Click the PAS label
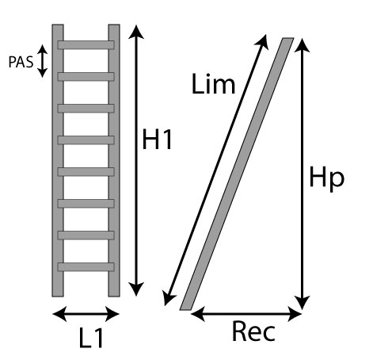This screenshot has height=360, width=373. (x=21, y=62)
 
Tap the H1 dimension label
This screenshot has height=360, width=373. (x=158, y=140)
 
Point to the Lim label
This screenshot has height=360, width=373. (x=213, y=84)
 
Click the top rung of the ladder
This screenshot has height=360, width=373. (x=86, y=45)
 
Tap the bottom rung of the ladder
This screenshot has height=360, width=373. (x=86, y=267)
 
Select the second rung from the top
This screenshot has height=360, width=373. (x=86, y=77)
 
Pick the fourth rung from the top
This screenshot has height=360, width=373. (x=86, y=140)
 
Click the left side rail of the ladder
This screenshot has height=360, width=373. (x=58, y=160)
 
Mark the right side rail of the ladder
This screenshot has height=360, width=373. (x=114, y=160)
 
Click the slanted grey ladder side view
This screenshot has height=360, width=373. (x=237, y=174)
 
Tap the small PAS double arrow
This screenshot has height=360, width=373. (x=42, y=61)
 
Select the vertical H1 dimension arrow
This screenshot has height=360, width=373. (x=136, y=160)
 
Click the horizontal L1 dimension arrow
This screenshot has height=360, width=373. (x=86, y=314)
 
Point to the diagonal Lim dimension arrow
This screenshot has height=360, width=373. (x=215, y=170)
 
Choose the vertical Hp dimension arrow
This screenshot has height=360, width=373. (x=302, y=174)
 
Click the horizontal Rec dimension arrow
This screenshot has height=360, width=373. (x=246, y=314)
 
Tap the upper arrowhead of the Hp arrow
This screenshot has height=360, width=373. (x=302, y=45)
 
